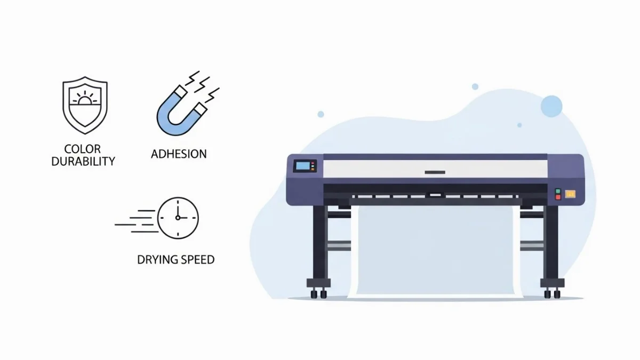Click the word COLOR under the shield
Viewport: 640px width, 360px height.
(82, 149)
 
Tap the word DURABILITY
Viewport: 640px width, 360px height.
(83, 162)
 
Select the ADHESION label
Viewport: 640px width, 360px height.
(179, 154)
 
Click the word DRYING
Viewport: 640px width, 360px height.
(155, 260)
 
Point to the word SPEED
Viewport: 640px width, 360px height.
(195, 260)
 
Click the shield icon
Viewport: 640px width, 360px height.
(85, 105)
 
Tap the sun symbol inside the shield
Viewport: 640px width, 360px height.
(85, 98)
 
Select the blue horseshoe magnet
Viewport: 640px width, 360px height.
(182, 110)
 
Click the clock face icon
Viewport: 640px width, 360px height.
(178, 218)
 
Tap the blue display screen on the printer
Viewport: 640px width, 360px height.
(303, 166)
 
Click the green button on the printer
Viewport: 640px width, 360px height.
(558, 191)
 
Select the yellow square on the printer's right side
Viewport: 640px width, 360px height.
(570, 194)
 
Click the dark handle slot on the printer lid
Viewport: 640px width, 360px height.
(435, 172)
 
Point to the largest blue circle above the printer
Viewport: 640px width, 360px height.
(551, 106)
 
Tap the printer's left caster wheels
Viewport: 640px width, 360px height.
(318, 294)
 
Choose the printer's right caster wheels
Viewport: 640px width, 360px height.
(552, 294)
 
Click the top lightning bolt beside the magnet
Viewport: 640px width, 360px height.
(193, 78)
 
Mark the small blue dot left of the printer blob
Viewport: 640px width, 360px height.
(321, 114)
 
